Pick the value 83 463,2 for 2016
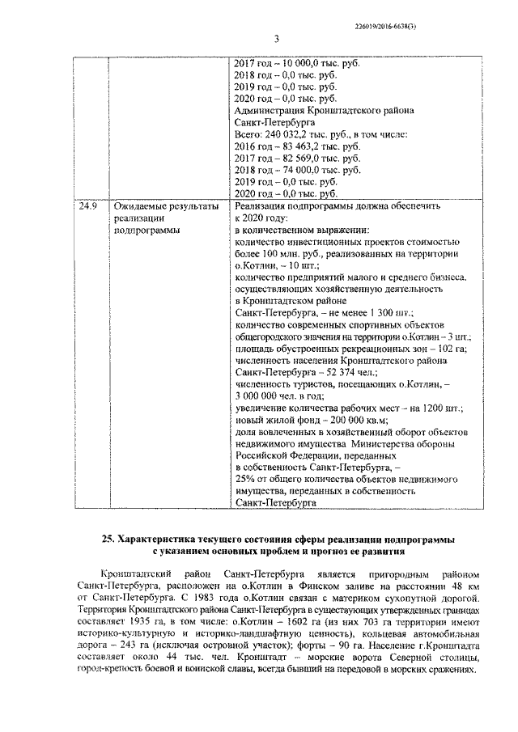coord(298,146)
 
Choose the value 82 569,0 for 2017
coord(298,158)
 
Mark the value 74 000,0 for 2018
coord(298,170)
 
